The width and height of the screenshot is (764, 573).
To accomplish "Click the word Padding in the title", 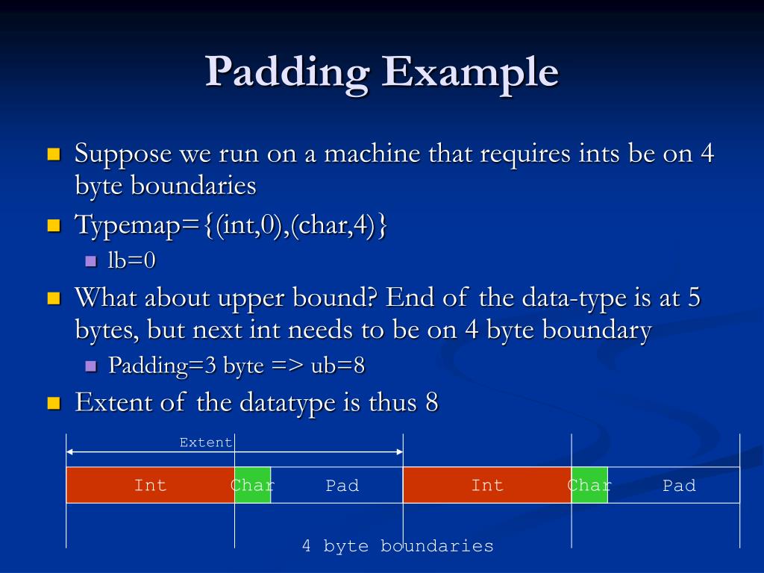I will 287,73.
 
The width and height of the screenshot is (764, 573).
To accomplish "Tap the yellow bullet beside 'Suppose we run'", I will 53,155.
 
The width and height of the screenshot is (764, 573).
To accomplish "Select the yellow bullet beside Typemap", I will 53,225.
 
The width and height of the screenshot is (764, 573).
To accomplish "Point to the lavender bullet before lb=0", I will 91,262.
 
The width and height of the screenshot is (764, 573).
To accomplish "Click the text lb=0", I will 131,261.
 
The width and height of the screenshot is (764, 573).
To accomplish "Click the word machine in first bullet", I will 372,154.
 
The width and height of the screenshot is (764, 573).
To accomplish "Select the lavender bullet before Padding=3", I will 91,366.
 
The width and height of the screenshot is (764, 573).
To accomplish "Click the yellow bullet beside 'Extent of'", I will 53,404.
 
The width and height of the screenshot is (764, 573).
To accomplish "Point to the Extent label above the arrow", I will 206,442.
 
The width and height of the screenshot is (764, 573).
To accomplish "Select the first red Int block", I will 150,485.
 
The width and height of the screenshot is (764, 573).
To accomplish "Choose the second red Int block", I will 486,485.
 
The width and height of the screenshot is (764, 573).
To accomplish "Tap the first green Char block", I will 252,485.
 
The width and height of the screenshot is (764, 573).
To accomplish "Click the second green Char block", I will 589,485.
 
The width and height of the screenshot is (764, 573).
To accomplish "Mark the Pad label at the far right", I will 679,486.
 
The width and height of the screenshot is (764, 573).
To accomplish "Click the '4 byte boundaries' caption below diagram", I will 398,546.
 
